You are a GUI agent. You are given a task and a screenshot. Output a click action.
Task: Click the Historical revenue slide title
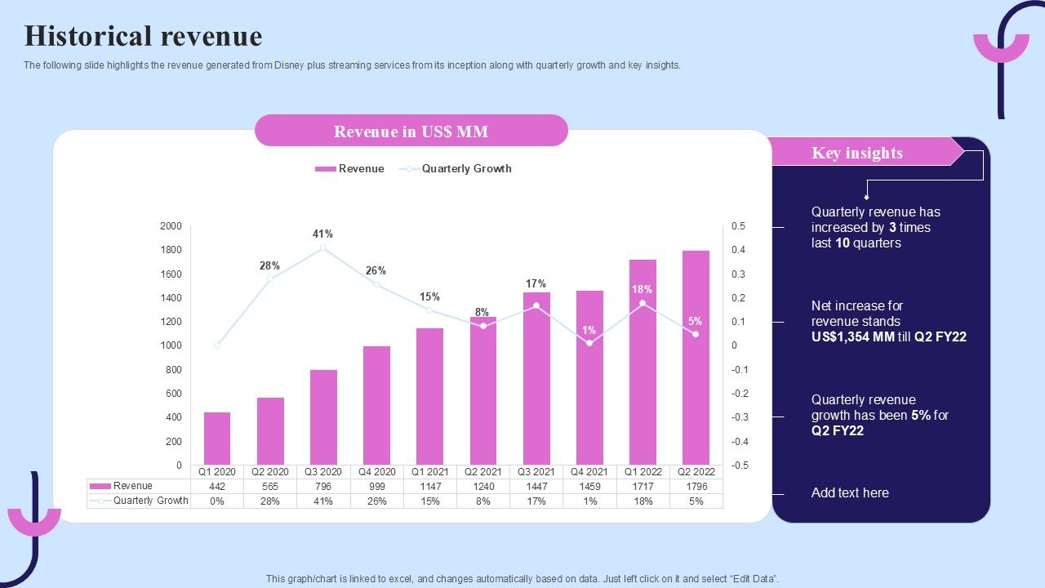point(143,37)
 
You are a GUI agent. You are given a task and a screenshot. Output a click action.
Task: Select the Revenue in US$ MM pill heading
point(411,131)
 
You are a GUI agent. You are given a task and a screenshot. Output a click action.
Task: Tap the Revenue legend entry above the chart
point(350,169)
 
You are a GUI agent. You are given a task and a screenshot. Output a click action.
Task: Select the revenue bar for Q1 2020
point(217,439)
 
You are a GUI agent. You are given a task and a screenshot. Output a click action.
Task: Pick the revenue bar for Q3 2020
point(323,417)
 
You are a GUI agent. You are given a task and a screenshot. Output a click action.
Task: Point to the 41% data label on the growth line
point(322,234)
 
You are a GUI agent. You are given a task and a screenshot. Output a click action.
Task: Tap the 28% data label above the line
point(269,266)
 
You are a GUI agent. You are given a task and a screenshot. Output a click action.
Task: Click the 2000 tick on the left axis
point(171,226)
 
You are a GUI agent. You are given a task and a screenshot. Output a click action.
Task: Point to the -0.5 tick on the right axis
point(739,465)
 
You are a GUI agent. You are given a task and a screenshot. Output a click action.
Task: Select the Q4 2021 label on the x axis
point(589,472)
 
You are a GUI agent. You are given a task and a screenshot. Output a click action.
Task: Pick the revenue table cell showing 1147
point(430,487)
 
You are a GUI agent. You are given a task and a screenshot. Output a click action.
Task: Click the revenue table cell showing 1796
point(696,487)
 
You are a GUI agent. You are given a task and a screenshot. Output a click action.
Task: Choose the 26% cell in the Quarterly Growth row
point(376,501)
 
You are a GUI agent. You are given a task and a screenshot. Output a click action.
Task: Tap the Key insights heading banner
point(857,153)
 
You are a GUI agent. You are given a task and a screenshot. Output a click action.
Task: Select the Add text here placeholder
point(850,493)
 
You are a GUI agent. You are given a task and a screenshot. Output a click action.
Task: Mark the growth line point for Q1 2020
point(217,345)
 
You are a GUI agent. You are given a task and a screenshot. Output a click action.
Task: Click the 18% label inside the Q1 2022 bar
point(643,290)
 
